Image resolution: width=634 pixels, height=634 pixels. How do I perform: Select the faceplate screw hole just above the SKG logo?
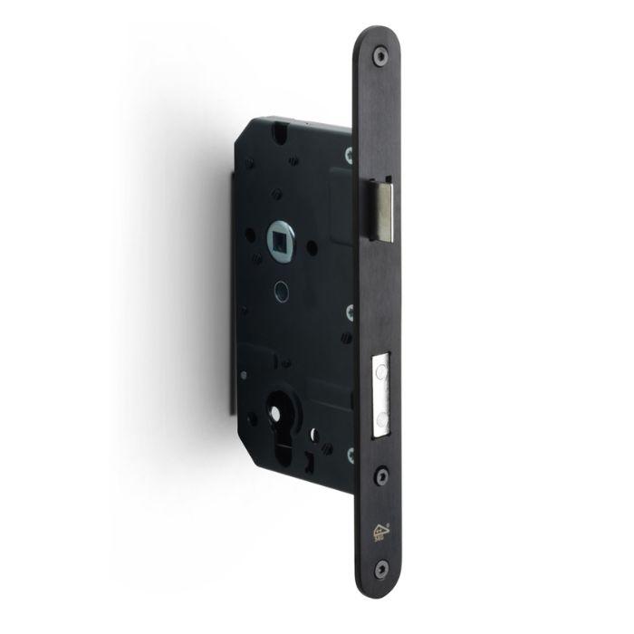click(x=381, y=472)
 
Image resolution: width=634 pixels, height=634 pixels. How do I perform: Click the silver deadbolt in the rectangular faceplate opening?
click(x=380, y=390)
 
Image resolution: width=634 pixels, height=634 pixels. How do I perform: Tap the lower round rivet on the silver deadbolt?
click(x=382, y=413)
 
